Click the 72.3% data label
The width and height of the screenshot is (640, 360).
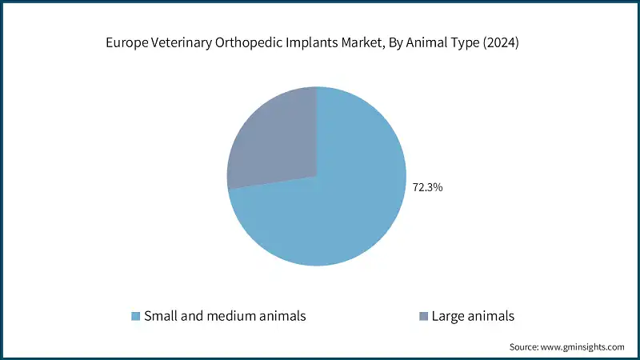427,188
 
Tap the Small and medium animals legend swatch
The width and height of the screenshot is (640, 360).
135,316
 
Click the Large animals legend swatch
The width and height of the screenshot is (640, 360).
423,316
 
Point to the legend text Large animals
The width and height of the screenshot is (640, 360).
473,316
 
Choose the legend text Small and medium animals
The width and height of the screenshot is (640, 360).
225,316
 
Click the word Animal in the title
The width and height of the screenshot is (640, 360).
430,45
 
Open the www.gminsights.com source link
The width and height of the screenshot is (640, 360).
584,347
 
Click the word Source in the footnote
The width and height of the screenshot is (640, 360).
525,347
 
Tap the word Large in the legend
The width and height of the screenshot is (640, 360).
449,316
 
